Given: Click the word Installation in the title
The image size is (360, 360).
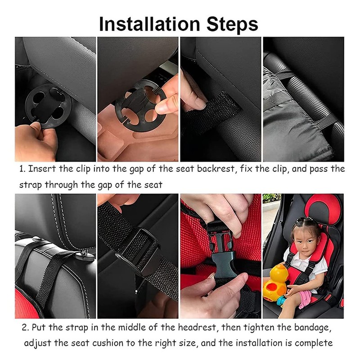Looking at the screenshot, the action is pos(149,24).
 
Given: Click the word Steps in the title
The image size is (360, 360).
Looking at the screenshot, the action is pos(232,24).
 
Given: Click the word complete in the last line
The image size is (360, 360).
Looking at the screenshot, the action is pos(314,344).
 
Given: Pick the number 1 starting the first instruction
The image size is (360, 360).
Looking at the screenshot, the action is pos(22,169).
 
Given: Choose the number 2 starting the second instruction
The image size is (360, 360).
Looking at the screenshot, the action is pos(25,328).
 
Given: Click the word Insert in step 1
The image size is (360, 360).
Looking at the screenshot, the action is pos(42,169).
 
